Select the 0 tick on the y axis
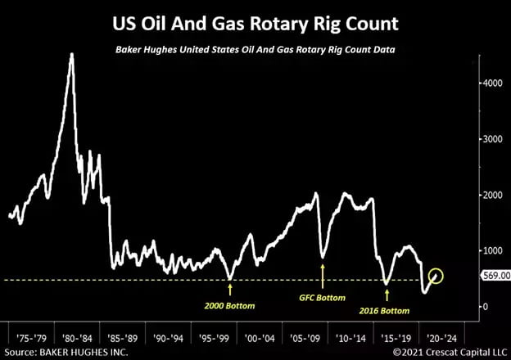coord(484,306)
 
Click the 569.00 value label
coord(493,276)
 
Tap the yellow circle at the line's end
coord(435,276)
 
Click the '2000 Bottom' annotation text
coord(229,306)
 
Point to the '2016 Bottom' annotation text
coord(385,311)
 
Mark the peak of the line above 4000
coord(72,55)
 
